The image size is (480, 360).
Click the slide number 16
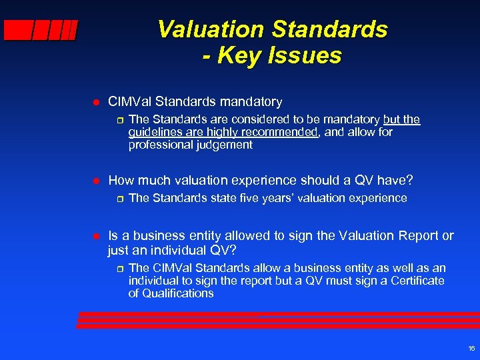pos(471,348)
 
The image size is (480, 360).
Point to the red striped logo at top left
pos(41,31)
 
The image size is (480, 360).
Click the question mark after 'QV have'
pos(409,181)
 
